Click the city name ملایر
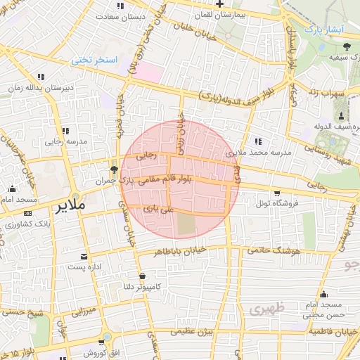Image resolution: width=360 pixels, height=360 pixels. [x=69, y=205]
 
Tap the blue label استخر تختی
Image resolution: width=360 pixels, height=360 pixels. [x=95, y=60]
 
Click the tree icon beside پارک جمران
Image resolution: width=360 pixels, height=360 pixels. [x=114, y=169]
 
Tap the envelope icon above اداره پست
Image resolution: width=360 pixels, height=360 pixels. [x=84, y=256]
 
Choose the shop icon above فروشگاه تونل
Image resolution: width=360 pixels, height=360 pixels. [x=277, y=193]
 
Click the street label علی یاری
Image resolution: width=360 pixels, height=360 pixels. [x=157, y=208]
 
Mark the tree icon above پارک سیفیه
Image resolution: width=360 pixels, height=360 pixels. [x=345, y=46]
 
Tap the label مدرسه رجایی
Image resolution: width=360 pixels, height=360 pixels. [x=65, y=141]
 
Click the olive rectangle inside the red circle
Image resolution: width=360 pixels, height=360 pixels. [x=186, y=224]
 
